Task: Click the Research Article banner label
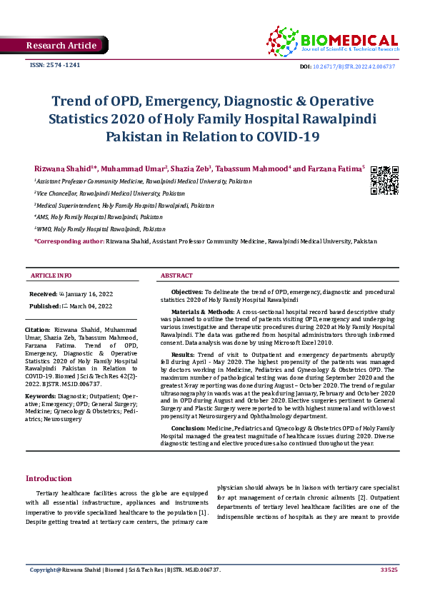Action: click(x=61, y=46)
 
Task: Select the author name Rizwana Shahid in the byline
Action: click(x=65, y=168)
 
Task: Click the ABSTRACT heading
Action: click(x=176, y=275)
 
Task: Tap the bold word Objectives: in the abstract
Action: click(x=187, y=292)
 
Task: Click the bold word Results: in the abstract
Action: click(x=182, y=354)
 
